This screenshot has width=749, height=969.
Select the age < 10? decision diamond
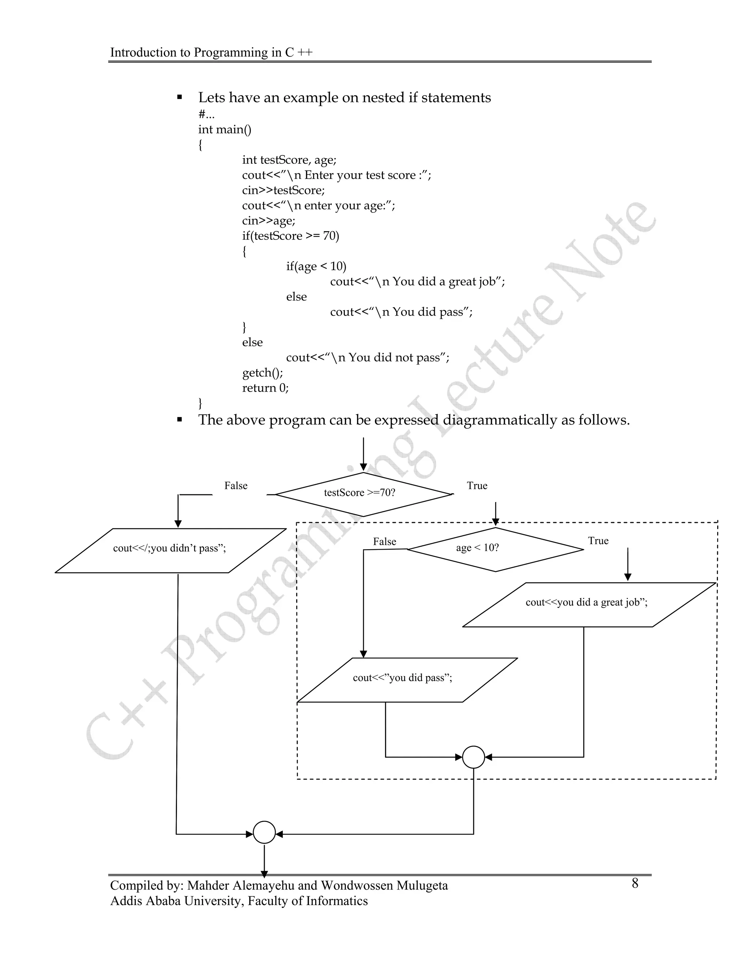coord(495,549)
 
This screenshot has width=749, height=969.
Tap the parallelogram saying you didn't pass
coord(170,550)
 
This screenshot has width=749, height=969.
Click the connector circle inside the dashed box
coord(474,757)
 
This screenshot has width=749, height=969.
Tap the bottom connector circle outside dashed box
coord(264,832)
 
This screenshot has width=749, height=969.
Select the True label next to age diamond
coord(598,541)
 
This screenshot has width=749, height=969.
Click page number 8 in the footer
coord(635,883)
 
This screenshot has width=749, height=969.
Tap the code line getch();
coord(262,373)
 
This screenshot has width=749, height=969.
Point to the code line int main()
coord(225,129)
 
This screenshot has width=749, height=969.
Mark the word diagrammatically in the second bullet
coord(500,420)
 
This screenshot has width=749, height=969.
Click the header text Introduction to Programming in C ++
coord(211,52)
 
